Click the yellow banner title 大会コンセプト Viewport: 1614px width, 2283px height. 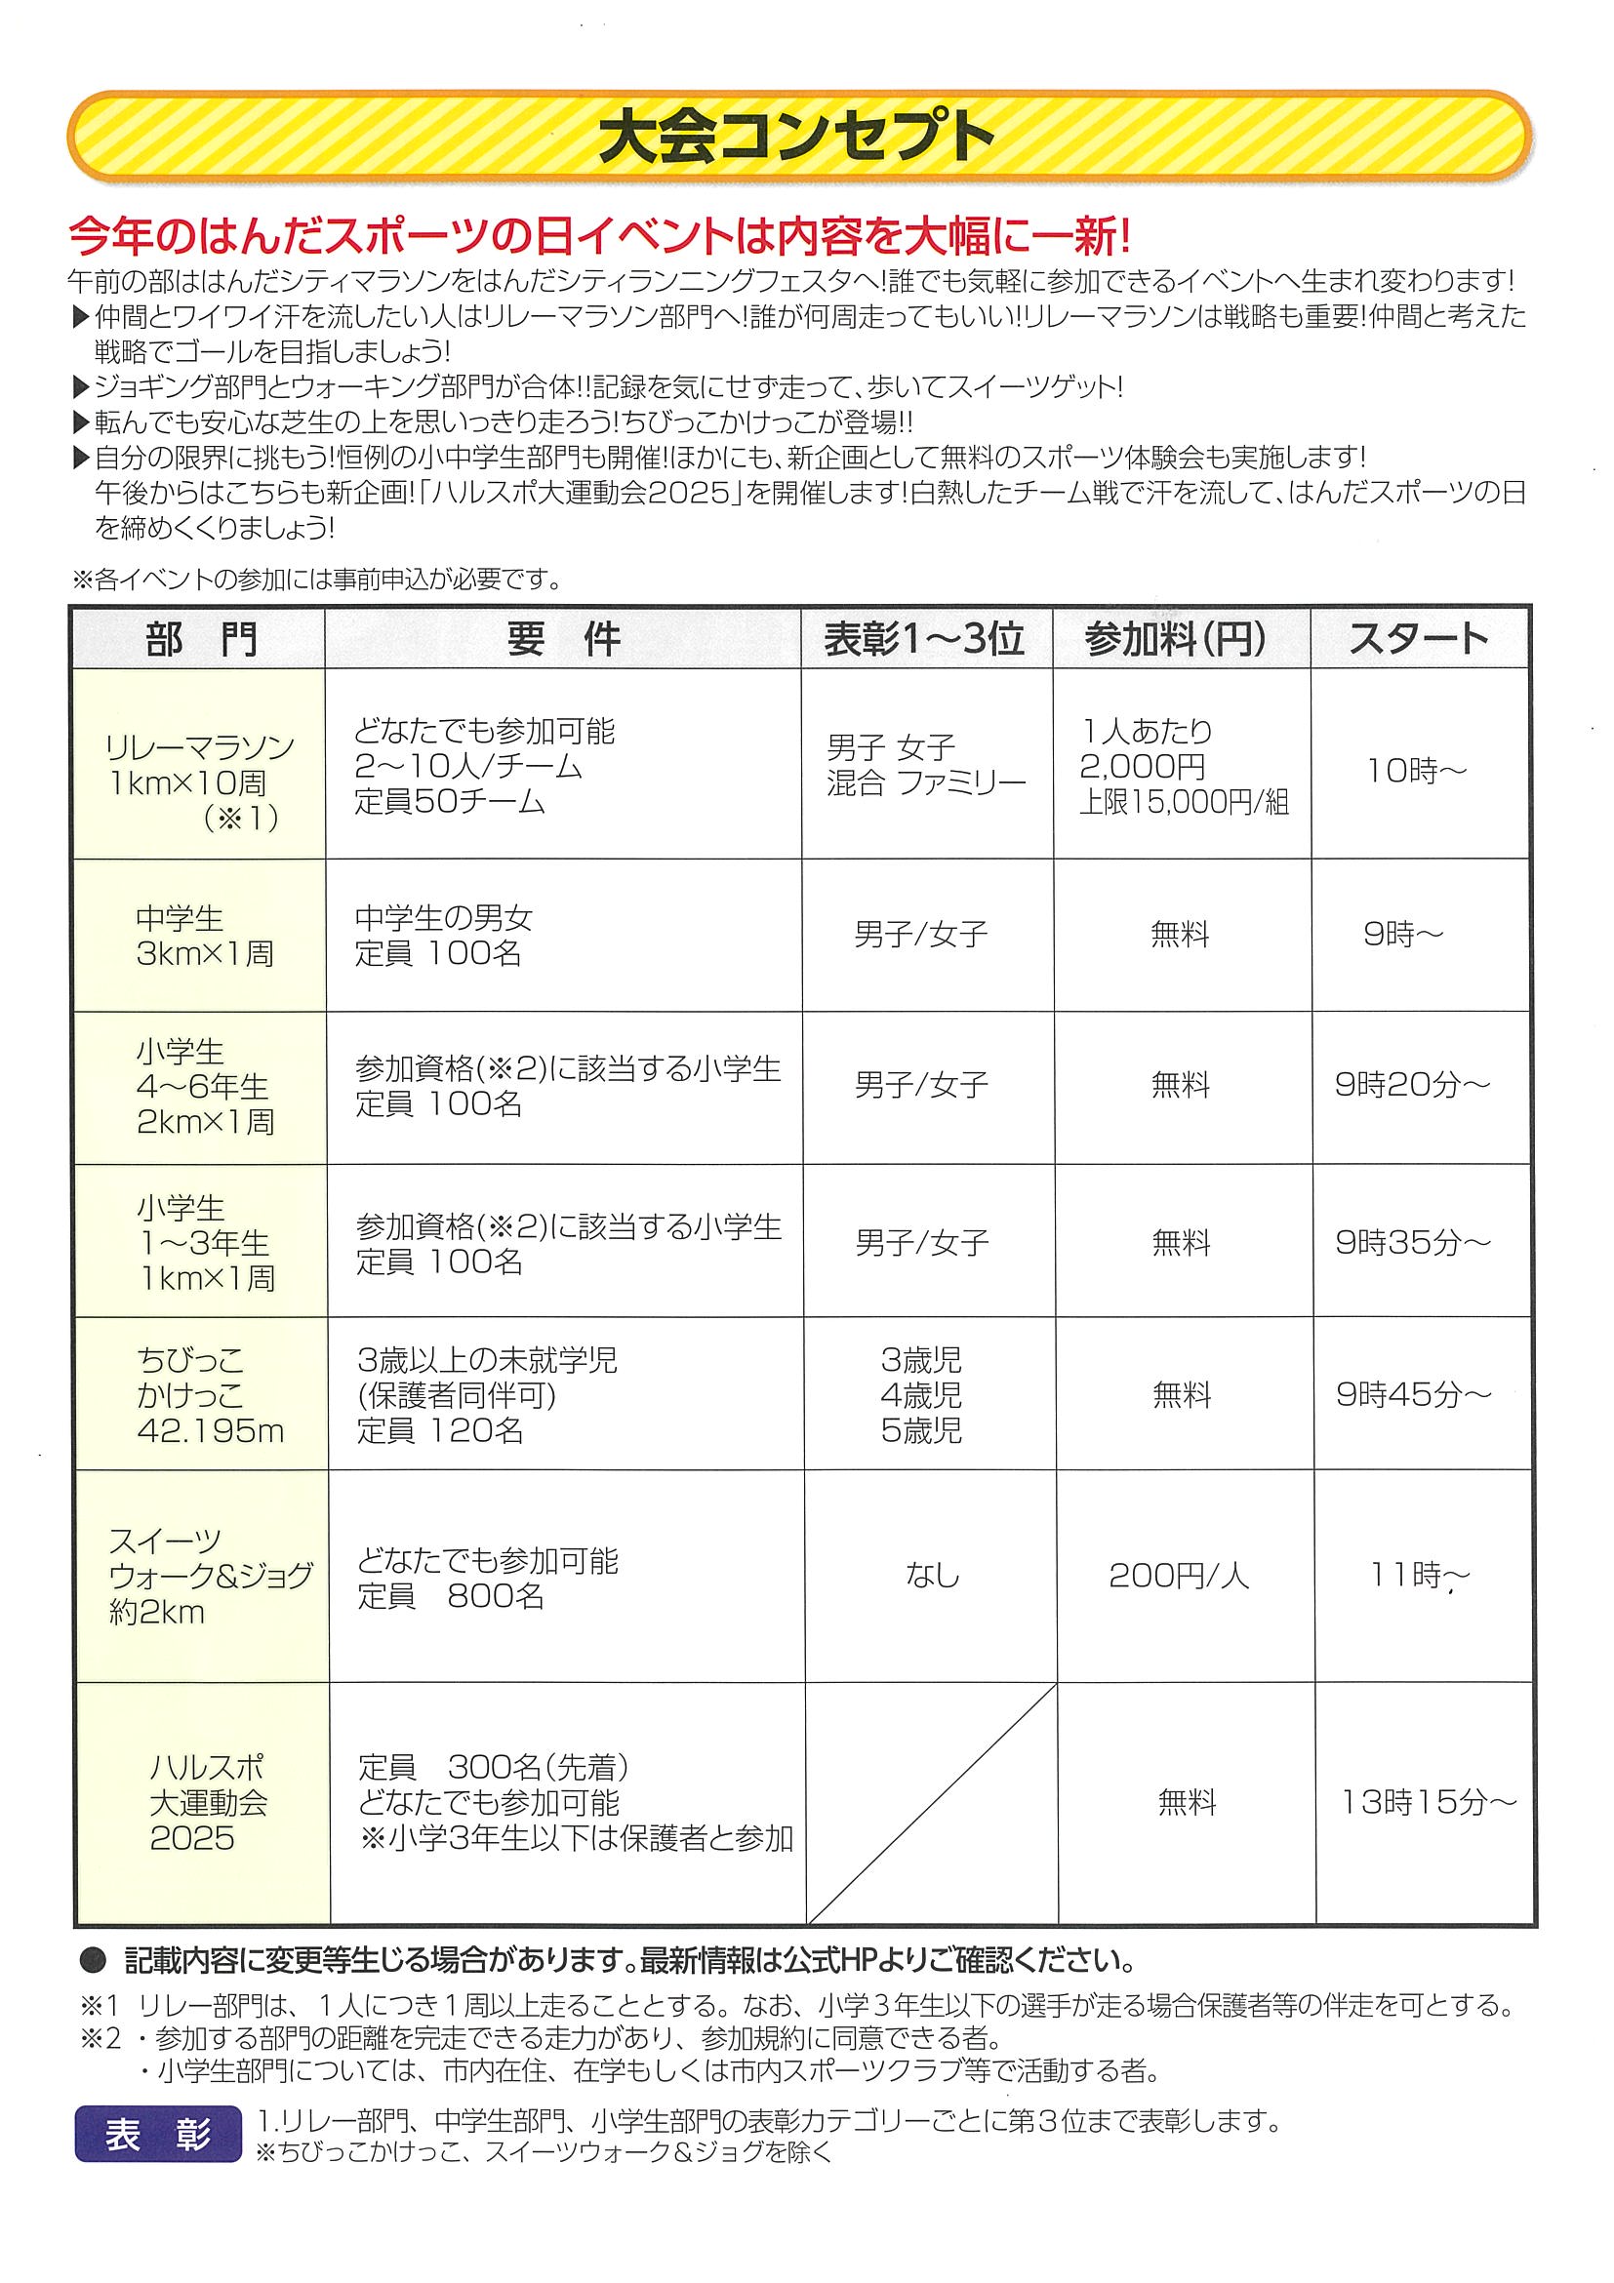tap(796, 138)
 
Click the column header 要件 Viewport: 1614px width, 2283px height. tap(563, 638)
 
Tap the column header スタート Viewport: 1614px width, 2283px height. tap(1418, 638)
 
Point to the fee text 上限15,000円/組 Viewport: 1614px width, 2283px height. tap(1184, 802)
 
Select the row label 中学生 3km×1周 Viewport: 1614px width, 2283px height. tap(204, 936)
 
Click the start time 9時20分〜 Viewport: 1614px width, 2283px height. tap(1412, 1085)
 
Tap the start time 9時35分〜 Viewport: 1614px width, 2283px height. tap(1413, 1242)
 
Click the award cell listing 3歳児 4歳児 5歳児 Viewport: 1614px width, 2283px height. tap(921, 1395)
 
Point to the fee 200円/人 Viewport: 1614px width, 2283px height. tap(1179, 1576)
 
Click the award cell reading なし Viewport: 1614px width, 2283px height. tap(932, 1575)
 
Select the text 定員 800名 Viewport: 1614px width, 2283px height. tap(451, 1596)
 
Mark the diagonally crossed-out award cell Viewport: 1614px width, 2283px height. tap(931, 1803)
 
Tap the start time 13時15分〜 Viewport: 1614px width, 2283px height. tap(1428, 1802)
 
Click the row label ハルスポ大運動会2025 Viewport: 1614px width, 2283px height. tap(208, 1803)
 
